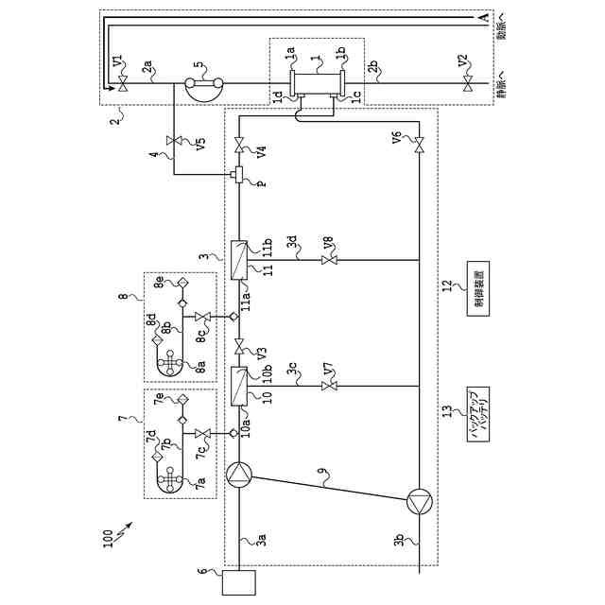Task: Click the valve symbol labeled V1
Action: (x=124, y=83)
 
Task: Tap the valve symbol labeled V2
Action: (x=467, y=83)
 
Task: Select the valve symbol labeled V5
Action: (x=174, y=142)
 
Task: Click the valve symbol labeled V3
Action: (x=239, y=342)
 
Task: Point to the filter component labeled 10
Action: (x=239, y=385)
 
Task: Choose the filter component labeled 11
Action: (x=239, y=258)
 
